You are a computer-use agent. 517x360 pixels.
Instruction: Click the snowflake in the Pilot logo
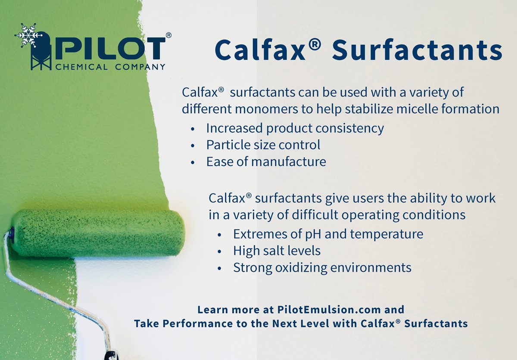click(28, 35)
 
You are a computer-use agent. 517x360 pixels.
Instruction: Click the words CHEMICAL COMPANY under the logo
click(110, 67)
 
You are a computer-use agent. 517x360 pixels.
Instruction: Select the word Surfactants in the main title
click(417, 50)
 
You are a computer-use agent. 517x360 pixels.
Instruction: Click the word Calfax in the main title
click(260, 50)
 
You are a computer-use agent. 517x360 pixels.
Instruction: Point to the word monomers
click(267, 109)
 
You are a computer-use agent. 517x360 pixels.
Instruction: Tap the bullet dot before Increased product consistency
click(193, 129)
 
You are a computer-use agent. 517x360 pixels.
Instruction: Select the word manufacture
click(289, 161)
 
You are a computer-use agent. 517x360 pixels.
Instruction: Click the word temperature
click(386, 235)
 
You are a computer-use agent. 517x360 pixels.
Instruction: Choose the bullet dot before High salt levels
click(219, 252)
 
